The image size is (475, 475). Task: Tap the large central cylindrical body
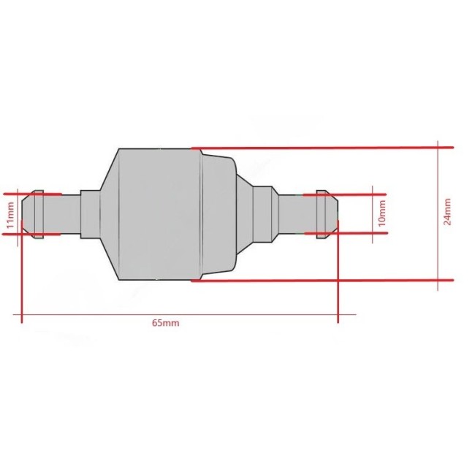tap(161, 214)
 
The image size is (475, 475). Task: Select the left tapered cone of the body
tap(108, 214)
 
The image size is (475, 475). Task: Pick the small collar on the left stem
tap(89, 214)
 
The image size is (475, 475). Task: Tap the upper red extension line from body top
tap(322, 147)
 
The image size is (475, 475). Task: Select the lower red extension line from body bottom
tap(322, 281)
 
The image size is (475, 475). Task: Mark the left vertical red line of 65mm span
tap(23, 278)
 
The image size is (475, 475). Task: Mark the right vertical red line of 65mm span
tap(337, 278)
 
